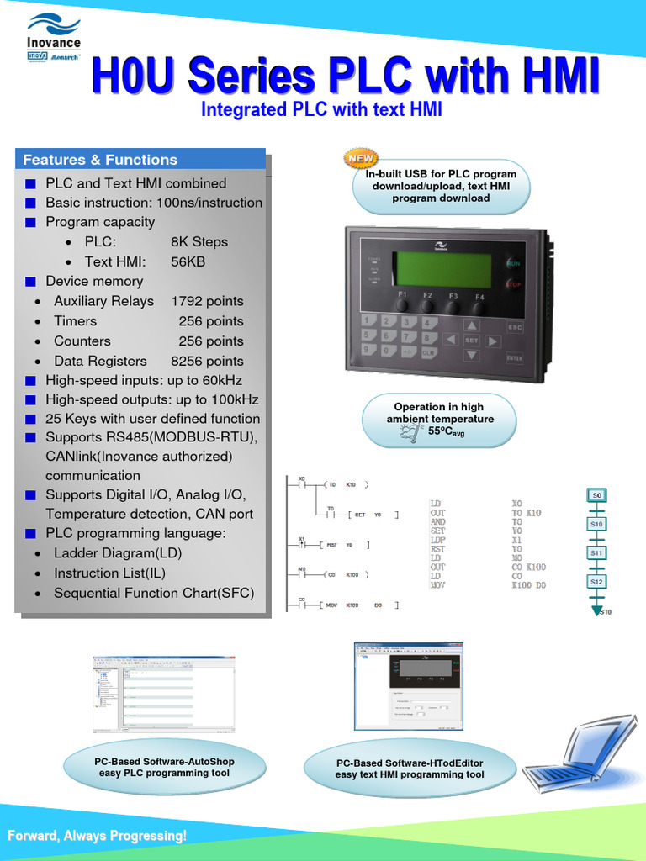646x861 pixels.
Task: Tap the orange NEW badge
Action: point(362,158)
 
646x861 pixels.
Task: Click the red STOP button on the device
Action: point(513,284)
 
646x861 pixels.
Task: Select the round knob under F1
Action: point(403,307)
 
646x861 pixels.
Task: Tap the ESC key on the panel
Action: point(514,327)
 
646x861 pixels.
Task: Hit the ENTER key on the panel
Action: point(514,357)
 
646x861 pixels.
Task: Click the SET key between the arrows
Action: point(471,341)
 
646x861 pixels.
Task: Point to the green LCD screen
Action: point(443,269)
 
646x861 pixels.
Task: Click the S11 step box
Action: point(596,552)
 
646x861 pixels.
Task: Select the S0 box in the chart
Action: point(596,495)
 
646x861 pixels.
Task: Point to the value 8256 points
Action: point(207,361)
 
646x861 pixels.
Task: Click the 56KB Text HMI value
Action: point(188,261)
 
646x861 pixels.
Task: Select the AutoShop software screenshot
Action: point(163,695)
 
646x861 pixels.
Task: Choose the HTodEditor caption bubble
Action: point(410,769)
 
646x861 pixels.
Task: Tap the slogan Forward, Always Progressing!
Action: point(98,836)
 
